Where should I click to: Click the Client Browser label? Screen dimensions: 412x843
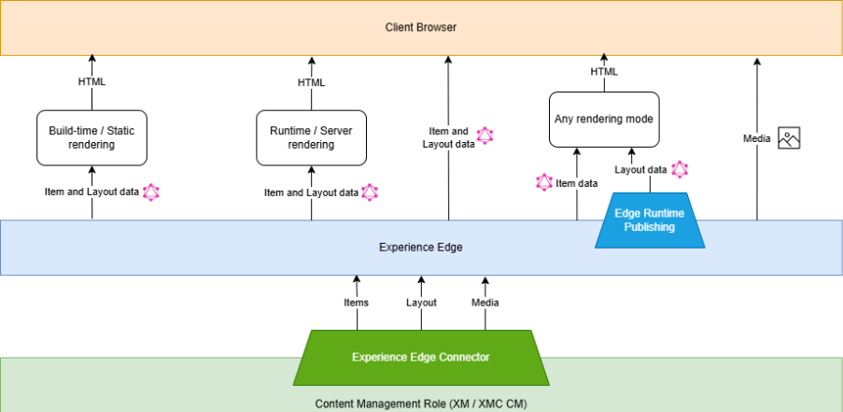point(421,27)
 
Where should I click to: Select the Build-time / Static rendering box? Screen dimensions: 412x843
point(91,137)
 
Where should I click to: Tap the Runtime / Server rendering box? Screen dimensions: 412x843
point(312,137)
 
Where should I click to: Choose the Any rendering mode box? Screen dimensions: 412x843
point(604,119)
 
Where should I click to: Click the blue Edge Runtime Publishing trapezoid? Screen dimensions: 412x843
point(649,220)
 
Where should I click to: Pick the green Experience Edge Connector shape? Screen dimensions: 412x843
point(420,357)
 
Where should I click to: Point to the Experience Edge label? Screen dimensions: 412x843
point(420,248)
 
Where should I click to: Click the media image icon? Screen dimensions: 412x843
point(790,138)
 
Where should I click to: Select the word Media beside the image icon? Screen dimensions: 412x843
point(757,138)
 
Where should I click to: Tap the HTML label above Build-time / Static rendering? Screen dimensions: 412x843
point(91,81)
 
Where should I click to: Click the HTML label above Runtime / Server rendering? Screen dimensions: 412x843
point(312,81)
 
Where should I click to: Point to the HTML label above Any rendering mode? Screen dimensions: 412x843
point(604,71)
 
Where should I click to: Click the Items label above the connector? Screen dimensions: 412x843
point(356,302)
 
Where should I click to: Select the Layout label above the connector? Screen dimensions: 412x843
point(421,302)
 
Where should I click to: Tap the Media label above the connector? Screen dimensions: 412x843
point(485,302)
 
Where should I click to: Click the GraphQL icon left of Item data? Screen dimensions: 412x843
point(544,182)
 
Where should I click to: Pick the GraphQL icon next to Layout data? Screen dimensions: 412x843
point(681,169)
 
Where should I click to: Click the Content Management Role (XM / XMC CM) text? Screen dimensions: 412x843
point(421,404)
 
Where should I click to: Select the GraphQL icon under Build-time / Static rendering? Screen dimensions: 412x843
point(150,192)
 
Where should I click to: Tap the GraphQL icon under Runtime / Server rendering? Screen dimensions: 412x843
point(370,192)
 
